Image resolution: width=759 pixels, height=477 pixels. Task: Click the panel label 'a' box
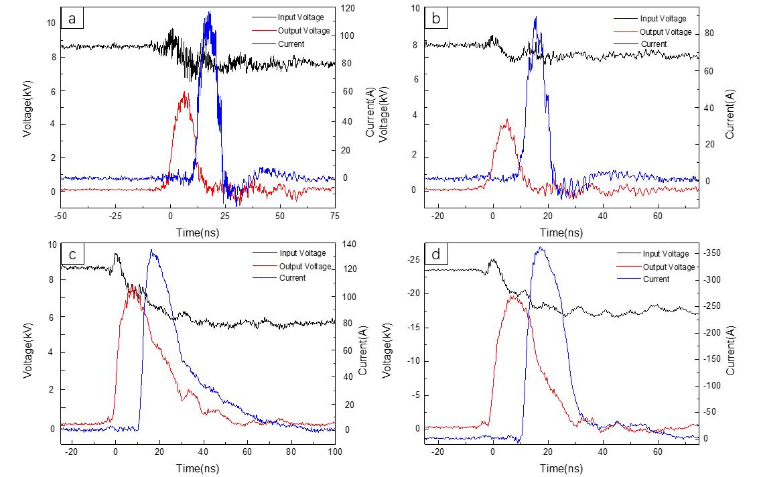[x=72, y=19]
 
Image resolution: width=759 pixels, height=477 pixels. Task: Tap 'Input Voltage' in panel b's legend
[x=663, y=19]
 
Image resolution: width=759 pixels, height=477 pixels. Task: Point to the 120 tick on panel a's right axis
[x=348, y=9]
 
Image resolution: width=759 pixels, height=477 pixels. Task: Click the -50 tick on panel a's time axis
[x=60, y=216]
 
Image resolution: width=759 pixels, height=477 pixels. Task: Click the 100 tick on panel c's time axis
[x=334, y=452]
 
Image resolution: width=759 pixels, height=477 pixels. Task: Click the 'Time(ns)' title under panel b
[x=561, y=232]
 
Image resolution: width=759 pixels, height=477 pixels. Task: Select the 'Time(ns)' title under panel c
[x=198, y=469]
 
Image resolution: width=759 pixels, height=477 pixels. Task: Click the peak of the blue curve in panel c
[x=152, y=250]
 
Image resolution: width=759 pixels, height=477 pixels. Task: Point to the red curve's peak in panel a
[x=184, y=92]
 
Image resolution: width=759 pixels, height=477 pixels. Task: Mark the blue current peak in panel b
[x=535, y=18]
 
